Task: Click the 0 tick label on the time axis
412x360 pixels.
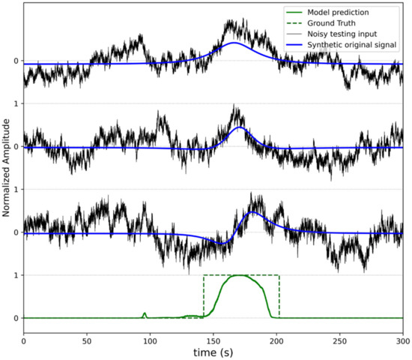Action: click(x=24, y=340)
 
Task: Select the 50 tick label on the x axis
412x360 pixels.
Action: click(x=87, y=340)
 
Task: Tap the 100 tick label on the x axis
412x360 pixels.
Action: click(x=150, y=340)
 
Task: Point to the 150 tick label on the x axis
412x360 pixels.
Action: click(x=213, y=340)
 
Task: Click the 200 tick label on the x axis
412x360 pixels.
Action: click(x=276, y=340)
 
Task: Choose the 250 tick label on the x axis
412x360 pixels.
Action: click(x=339, y=340)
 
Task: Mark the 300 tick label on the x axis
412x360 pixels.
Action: click(x=402, y=340)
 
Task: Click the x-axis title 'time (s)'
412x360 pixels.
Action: click(x=213, y=352)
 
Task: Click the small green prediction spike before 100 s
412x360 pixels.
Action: click(x=145, y=313)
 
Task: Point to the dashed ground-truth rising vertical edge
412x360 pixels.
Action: click(x=203, y=296)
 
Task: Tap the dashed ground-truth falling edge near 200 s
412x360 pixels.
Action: click(x=279, y=296)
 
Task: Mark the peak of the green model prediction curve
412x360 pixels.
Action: click(x=240, y=275)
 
